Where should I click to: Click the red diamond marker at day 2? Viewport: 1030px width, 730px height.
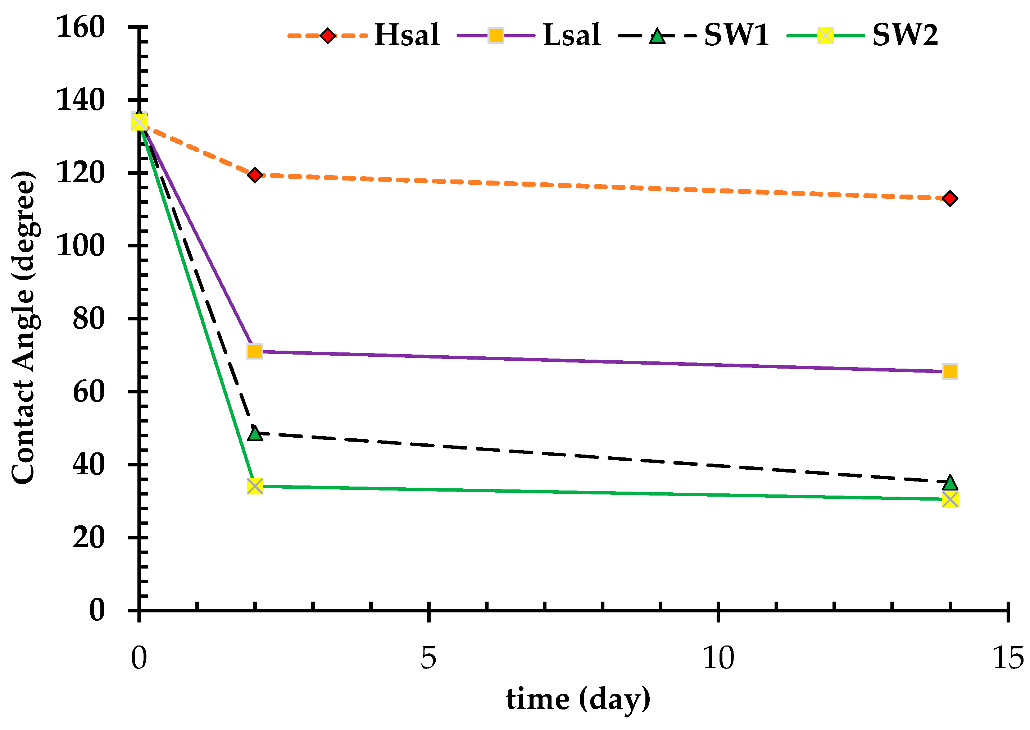point(255,175)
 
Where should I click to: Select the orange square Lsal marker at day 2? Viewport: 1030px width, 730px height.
point(255,351)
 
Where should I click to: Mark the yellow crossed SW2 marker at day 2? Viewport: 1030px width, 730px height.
point(255,486)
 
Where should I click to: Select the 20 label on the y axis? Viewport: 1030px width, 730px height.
point(89,537)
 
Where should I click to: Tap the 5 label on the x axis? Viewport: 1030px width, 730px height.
point(428,658)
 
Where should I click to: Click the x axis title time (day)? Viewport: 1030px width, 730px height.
point(578,699)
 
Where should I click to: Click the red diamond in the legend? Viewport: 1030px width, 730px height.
point(328,36)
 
